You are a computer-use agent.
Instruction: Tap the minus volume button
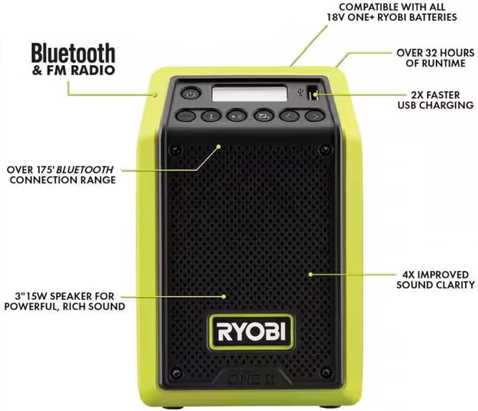(185, 115)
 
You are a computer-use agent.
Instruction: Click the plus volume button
(211, 115)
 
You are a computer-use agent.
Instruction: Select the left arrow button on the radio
(289, 115)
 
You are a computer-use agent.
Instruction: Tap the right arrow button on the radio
(315, 115)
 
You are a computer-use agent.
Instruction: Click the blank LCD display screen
(250, 93)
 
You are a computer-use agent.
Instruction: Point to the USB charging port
(312, 93)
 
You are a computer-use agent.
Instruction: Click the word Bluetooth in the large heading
(73, 54)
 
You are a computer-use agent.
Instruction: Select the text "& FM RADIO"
(74, 70)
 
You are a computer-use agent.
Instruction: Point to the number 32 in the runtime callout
(430, 53)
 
